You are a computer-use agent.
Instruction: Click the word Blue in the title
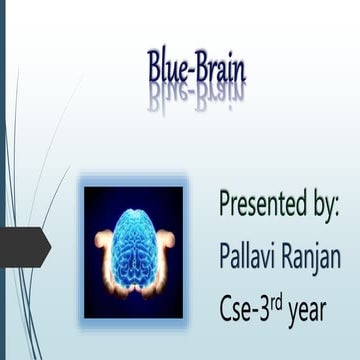[166, 69]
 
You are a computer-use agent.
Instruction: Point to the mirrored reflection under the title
[196, 98]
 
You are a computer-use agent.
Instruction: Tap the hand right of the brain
[167, 241]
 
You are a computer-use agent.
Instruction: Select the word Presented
[261, 205]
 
